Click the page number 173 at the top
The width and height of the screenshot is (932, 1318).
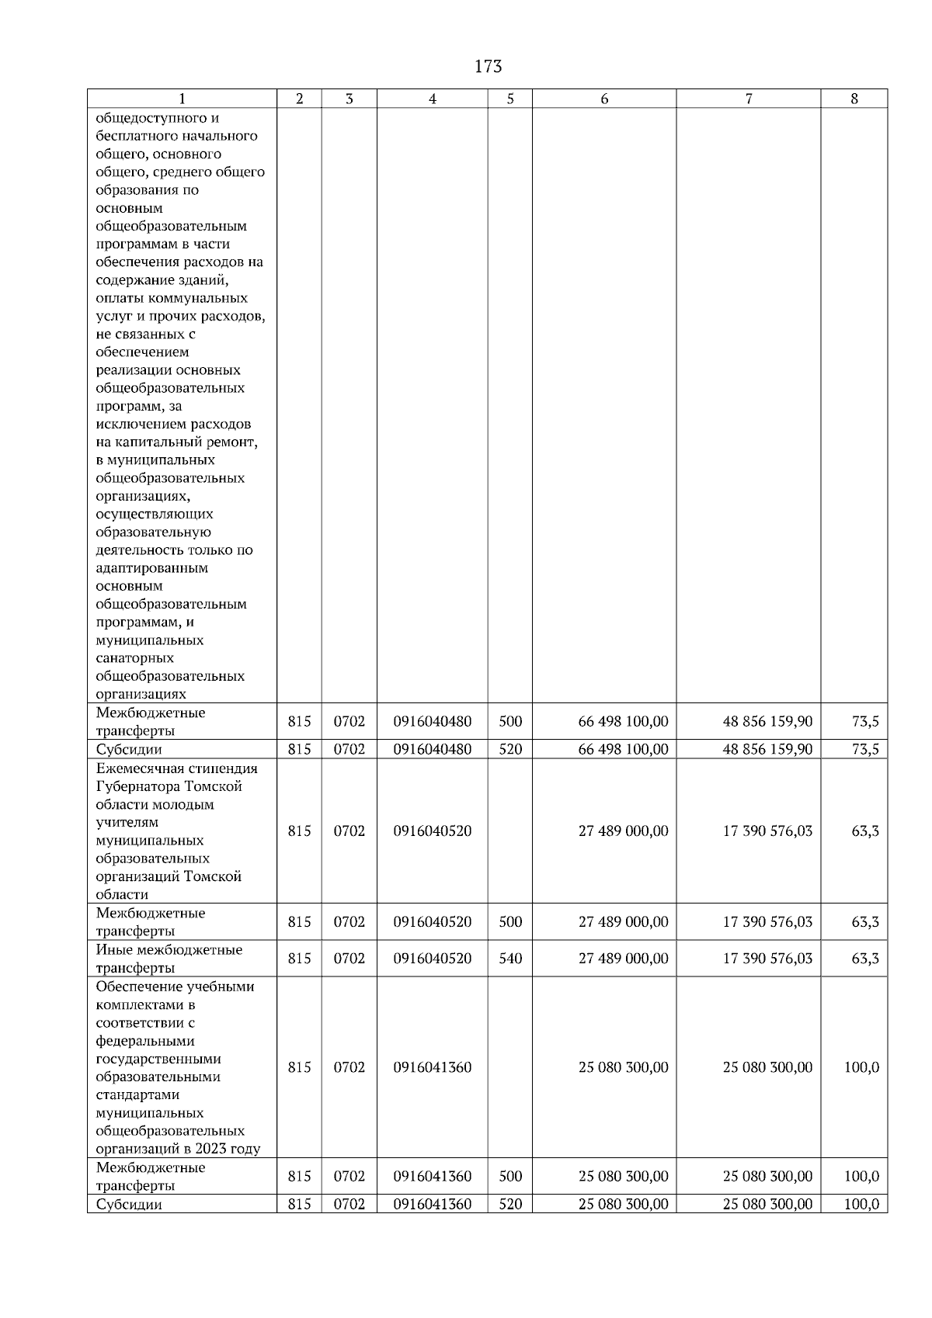click(x=488, y=67)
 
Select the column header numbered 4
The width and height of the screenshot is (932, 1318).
click(x=432, y=99)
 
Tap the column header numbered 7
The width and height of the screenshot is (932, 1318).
click(x=748, y=99)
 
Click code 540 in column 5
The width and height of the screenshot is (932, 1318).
click(x=510, y=959)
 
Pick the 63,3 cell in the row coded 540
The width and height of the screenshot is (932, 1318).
click(x=865, y=959)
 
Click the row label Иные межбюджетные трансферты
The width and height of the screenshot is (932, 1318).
click(x=169, y=959)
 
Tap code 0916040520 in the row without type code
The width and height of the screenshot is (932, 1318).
click(x=432, y=831)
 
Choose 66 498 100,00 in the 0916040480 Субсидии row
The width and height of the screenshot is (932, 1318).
click(x=623, y=749)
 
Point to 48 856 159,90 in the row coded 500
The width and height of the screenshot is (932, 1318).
click(x=767, y=722)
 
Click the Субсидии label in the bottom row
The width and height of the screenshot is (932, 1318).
click(x=129, y=1205)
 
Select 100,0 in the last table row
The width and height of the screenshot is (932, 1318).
click(x=861, y=1205)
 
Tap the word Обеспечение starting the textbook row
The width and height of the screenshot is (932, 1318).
click(x=138, y=987)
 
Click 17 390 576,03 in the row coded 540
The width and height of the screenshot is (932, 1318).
click(x=767, y=959)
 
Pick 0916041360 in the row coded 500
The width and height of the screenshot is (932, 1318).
click(x=432, y=1176)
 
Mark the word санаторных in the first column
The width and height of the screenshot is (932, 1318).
click(x=134, y=658)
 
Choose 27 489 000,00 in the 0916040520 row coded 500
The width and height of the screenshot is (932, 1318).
click(x=623, y=922)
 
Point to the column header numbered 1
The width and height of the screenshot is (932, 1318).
click(x=182, y=99)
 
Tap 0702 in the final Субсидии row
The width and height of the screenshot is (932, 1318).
click(x=349, y=1205)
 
